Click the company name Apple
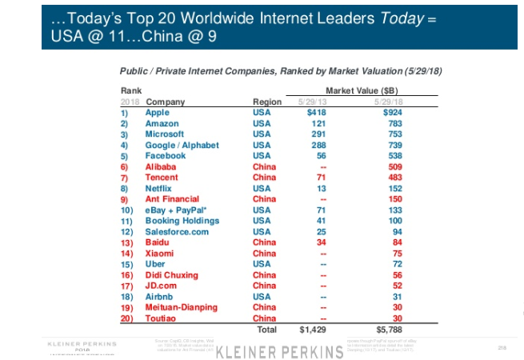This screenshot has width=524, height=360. tap(157, 113)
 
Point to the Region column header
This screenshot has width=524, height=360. tap(267, 102)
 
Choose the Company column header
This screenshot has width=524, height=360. tap(165, 102)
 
